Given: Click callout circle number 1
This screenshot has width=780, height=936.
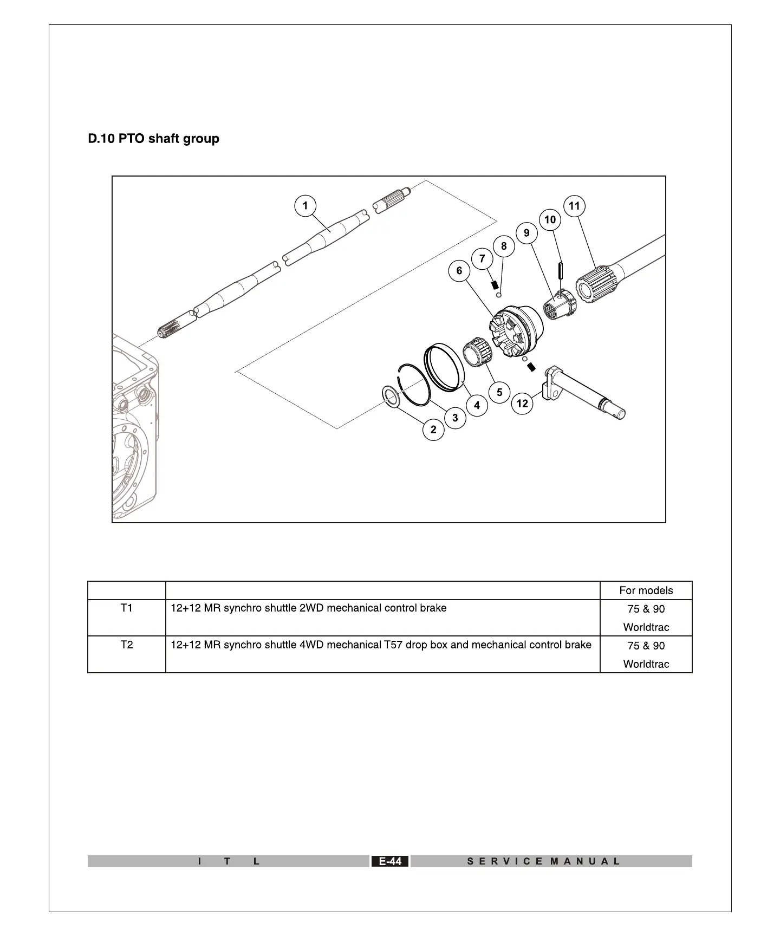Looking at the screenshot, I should (x=305, y=206).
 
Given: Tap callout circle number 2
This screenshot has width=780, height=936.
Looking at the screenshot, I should (x=433, y=430).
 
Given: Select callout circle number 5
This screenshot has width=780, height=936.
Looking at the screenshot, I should (x=499, y=392).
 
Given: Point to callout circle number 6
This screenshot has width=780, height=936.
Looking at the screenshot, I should (x=459, y=270).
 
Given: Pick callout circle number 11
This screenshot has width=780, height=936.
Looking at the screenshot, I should (x=574, y=206).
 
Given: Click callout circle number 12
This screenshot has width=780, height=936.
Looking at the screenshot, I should (x=522, y=404).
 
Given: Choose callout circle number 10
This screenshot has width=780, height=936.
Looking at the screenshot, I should (x=550, y=220).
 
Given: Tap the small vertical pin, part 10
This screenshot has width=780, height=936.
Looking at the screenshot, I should (x=561, y=270).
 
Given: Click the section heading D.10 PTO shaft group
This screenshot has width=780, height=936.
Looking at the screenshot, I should (x=154, y=139).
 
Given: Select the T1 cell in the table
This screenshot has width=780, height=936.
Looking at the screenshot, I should (x=127, y=608).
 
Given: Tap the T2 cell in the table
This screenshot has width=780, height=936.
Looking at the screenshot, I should (x=127, y=645).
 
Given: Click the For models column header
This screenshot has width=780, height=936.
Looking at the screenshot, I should (x=646, y=590).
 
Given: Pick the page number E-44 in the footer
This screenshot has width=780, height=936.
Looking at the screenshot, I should (x=390, y=861).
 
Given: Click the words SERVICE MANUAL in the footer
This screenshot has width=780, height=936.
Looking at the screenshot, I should (x=543, y=861).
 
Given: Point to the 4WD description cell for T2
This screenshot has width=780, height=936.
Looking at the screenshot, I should (x=381, y=645).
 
